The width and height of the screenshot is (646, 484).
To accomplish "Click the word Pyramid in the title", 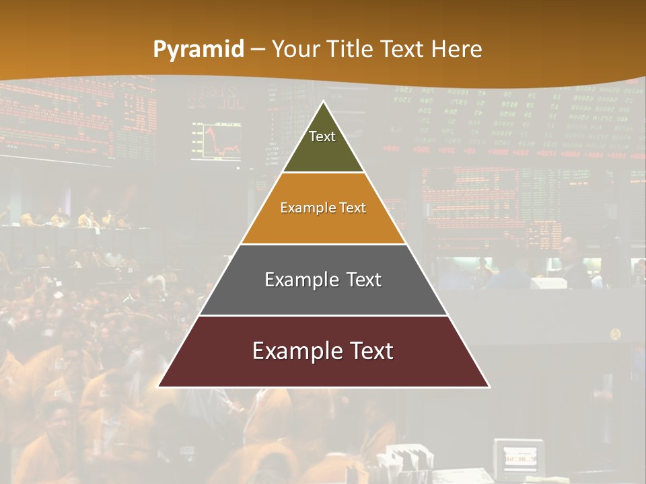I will (198, 50).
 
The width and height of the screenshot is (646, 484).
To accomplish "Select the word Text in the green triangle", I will (322, 136).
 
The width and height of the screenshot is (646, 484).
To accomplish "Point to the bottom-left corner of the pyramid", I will (159, 387).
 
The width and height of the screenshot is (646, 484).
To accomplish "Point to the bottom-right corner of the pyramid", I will (489, 387).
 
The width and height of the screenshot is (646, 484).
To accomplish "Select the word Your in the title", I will (296, 50).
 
